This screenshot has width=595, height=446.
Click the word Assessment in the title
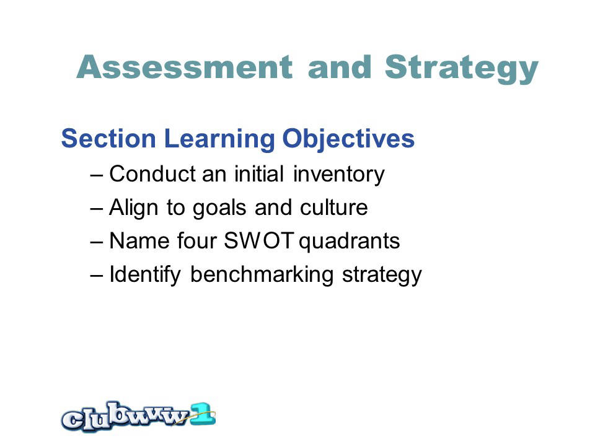pyautogui.click(x=185, y=67)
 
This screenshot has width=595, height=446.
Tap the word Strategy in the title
pyautogui.click(x=461, y=69)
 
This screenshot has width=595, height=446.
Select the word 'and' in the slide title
pyautogui.click(x=340, y=67)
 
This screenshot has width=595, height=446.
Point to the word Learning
pyautogui.click(x=219, y=139)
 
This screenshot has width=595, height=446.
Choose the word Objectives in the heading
pyautogui.click(x=348, y=139)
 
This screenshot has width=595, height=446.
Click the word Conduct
pyautogui.click(x=152, y=174)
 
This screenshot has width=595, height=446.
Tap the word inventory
pyautogui.click(x=339, y=175)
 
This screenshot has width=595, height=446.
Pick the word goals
pyautogui.click(x=219, y=209)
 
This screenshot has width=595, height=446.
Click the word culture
pyautogui.click(x=334, y=208)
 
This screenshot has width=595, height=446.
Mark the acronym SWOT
pyautogui.click(x=259, y=241)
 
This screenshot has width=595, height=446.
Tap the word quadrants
pyautogui.click(x=350, y=242)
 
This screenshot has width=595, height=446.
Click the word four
pyautogui.click(x=197, y=241)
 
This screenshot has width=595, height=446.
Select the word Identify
pyautogui.click(x=145, y=275)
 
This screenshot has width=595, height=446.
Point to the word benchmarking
pyautogui.click(x=262, y=275)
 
